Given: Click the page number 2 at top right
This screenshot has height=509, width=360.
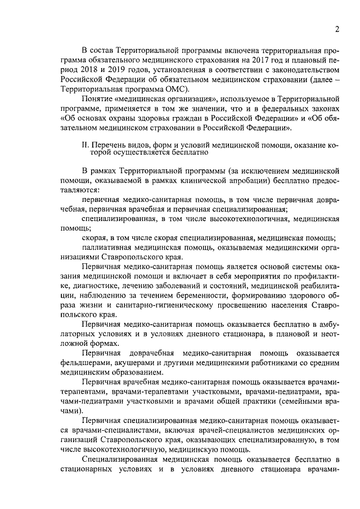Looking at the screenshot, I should (x=336, y=29).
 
